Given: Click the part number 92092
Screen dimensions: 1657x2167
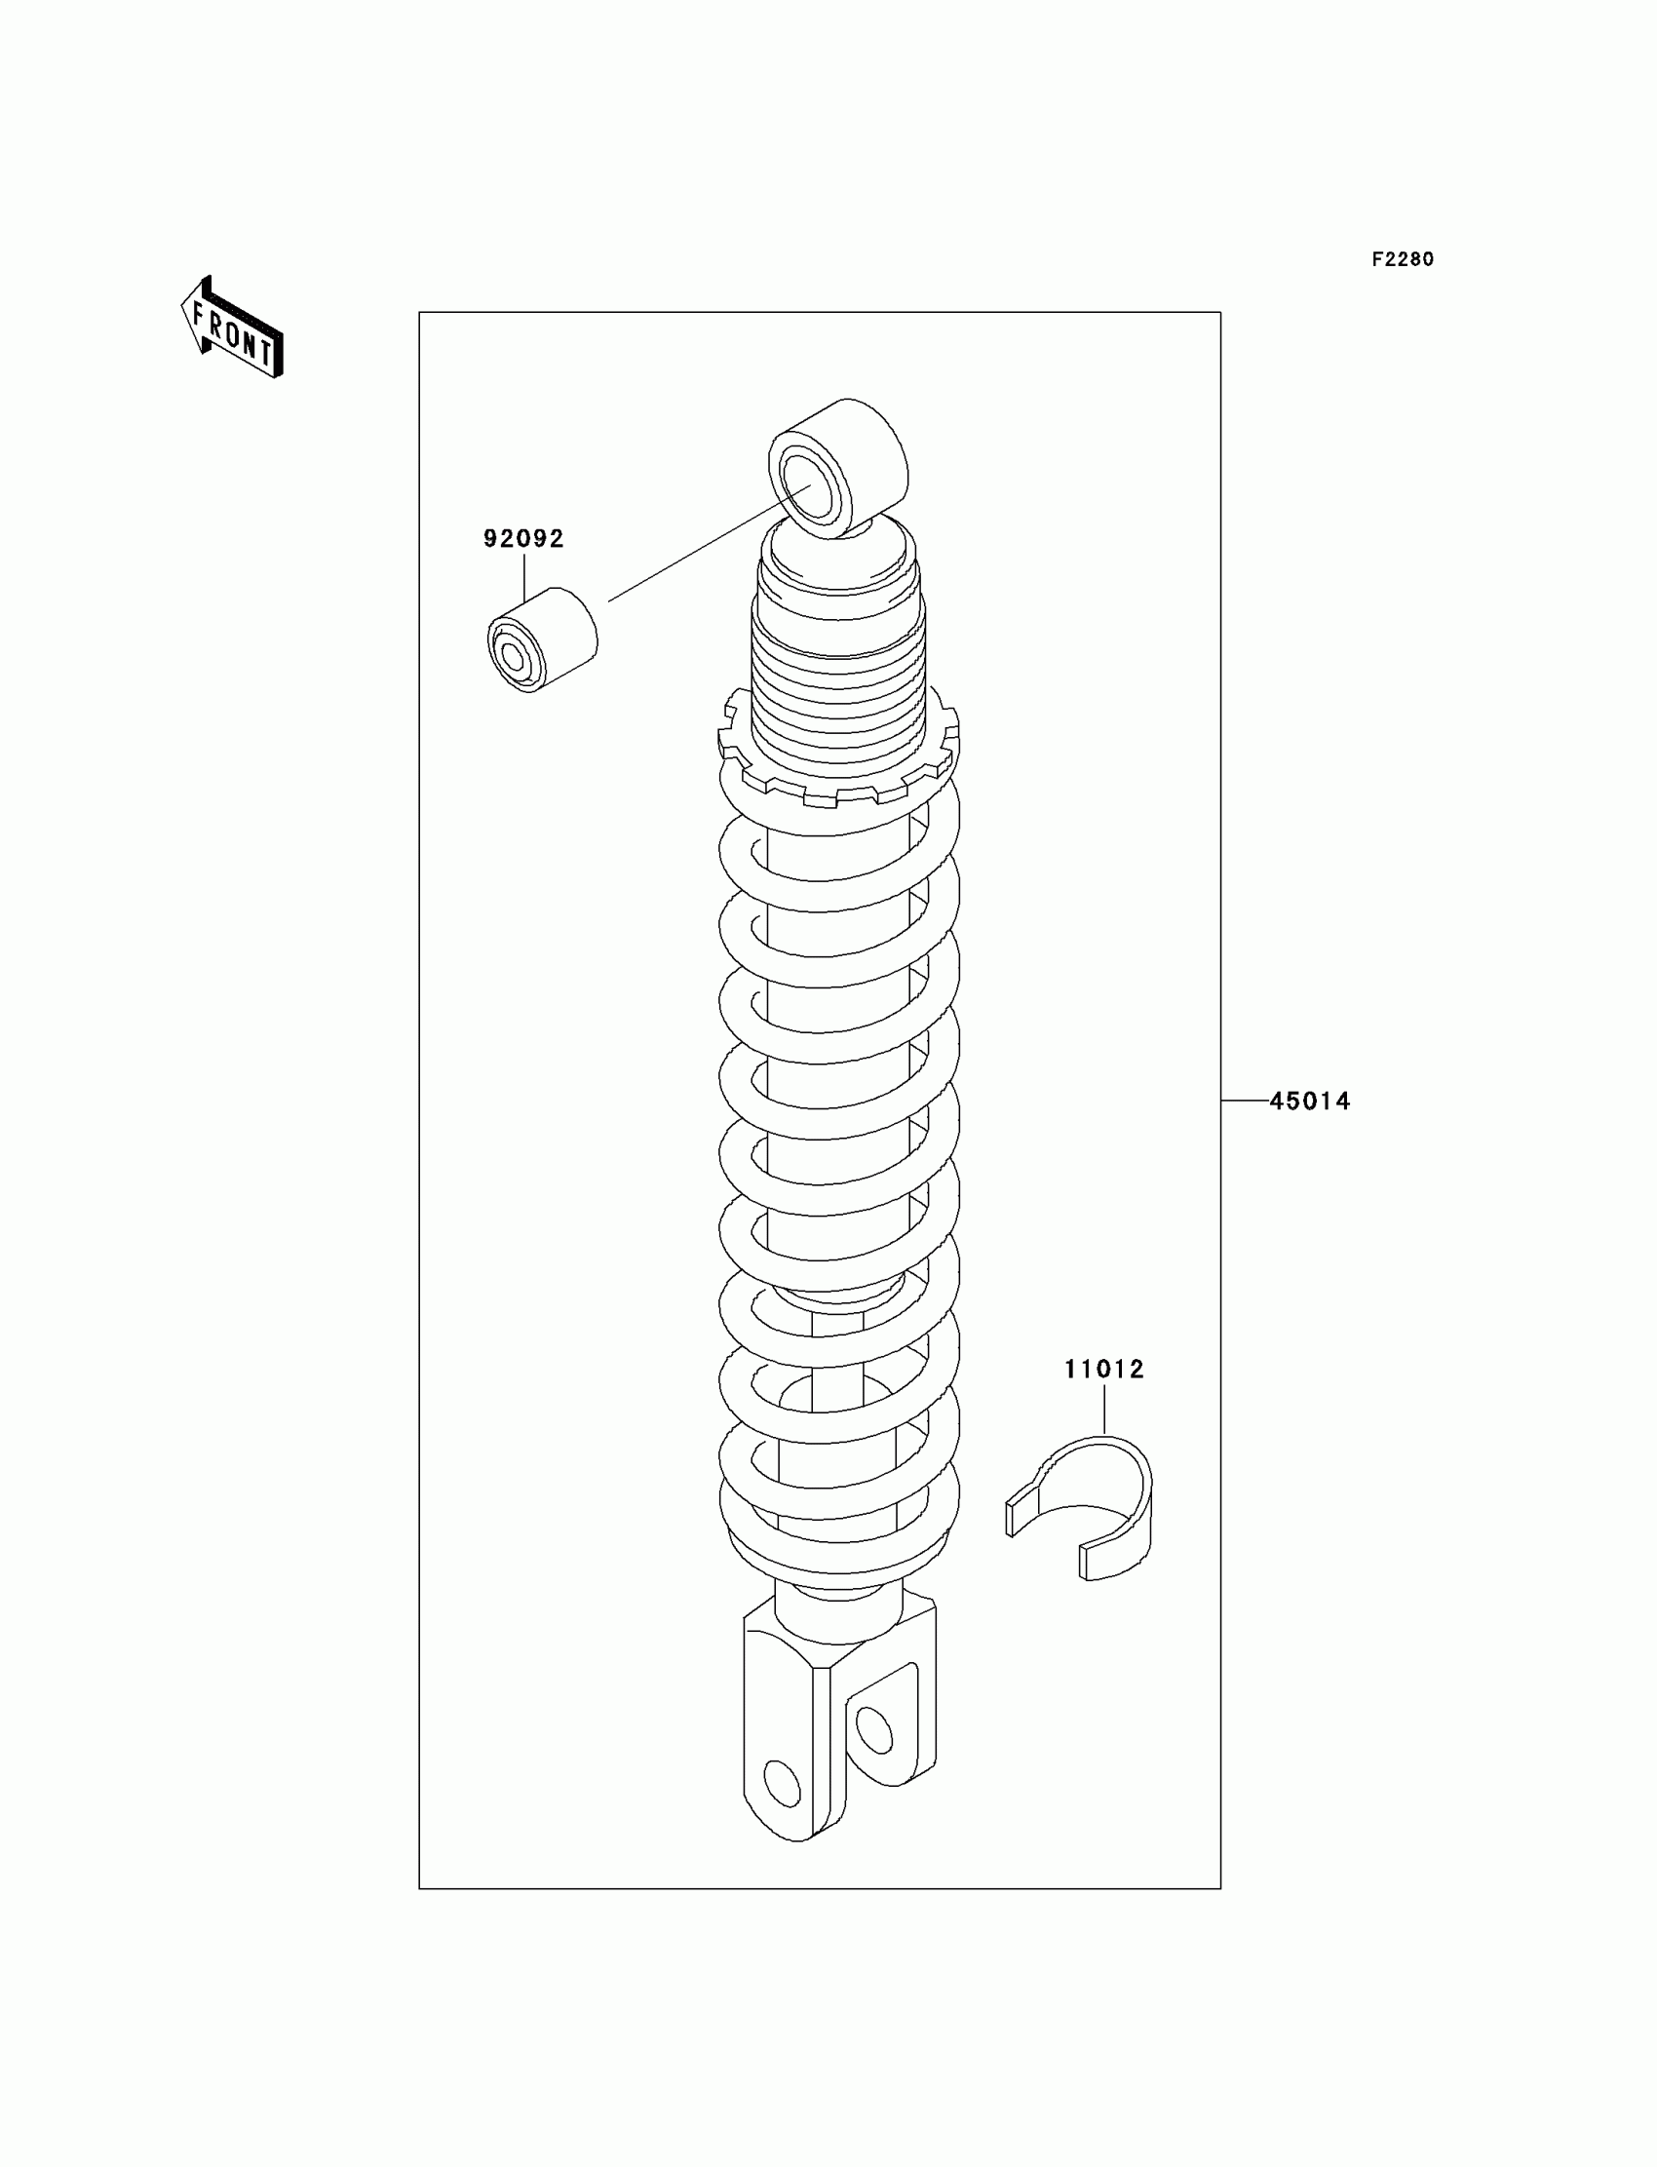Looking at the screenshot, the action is pyautogui.click(x=522, y=538).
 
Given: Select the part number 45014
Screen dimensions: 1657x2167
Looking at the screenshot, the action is pyautogui.click(x=1309, y=1101).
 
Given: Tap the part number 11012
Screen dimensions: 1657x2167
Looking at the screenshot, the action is pyautogui.click(x=1103, y=1369).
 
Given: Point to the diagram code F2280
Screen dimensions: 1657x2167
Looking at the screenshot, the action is pyautogui.click(x=1403, y=259).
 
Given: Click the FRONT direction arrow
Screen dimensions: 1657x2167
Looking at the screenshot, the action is pyautogui.click(x=233, y=329).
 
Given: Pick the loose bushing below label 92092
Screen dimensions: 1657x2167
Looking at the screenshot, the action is pyautogui.click(x=543, y=640).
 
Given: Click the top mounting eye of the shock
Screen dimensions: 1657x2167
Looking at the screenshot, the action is pyautogui.click(x=837, y=469).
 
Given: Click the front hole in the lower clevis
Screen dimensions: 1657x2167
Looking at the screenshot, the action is pyautogui.click(x=782, y=1783).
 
